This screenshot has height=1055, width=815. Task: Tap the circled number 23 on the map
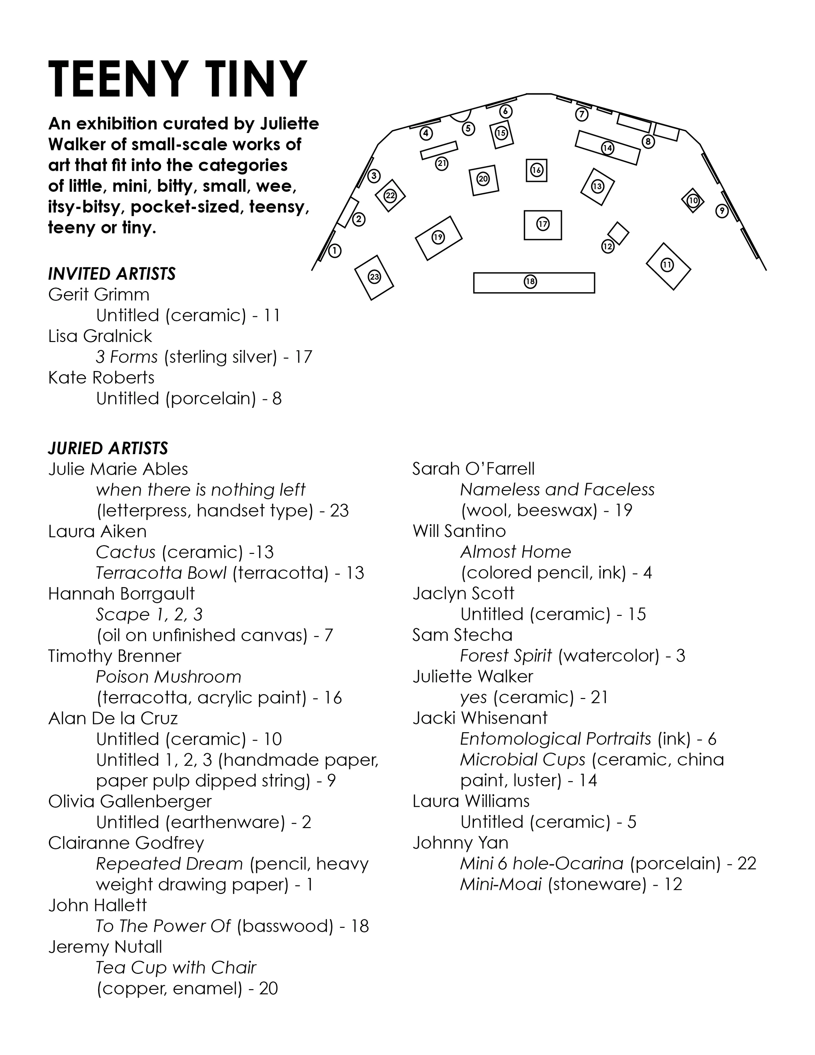[374, 277]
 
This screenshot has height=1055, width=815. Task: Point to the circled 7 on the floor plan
[582, 114]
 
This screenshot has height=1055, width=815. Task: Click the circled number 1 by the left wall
[334, 251]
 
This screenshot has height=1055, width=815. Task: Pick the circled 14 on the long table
[607, 148]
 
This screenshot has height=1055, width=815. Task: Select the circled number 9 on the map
[721, 211]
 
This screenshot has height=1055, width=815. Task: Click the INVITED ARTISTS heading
[111, 274]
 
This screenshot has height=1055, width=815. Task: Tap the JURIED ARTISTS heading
[108, 448]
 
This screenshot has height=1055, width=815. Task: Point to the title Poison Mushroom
[168, 677]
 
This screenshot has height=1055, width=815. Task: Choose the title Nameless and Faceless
[557, 490]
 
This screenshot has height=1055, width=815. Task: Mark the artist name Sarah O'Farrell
[473, 468]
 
